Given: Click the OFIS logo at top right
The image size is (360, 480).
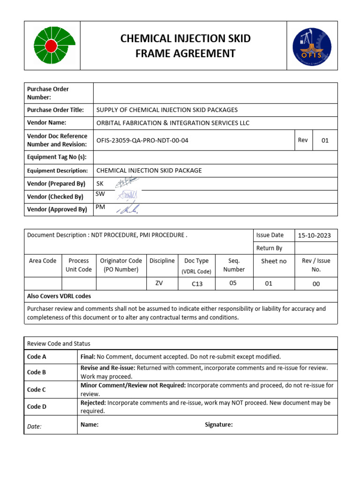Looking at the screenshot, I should pyautogui.click(x=311, y=45).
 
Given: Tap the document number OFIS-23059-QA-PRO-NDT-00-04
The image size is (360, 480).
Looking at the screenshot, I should pyautogui.click(x=142, y=140).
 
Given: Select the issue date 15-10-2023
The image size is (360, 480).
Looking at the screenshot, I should pyautogui.click(x=315, y=235).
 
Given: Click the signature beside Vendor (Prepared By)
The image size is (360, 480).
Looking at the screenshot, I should pyautogui.click(x=127, y=183).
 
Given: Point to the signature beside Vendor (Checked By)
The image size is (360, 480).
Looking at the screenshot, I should pyautogui.click(x=127, y=195).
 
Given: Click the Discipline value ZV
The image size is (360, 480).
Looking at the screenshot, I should pyautogui.click(x=159, y=283).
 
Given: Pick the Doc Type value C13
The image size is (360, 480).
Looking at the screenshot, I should pyautogui.click(x=197, y=284).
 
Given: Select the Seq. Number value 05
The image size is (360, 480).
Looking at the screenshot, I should pyautogui.click(x=233, y=283).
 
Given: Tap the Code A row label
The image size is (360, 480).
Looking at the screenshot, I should pyautogui.click(x=37, y=357).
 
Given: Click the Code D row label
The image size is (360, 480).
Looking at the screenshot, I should pyautogui.click(x=37, y=406).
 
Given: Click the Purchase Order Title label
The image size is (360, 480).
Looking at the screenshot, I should pyautogui.click(x=55, y=110).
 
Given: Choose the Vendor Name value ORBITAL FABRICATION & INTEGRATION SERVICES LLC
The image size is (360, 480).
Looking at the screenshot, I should pyautogui.click(x=172, y=123).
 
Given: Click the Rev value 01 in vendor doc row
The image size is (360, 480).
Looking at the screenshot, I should pyautogui.click(x=325, y=141).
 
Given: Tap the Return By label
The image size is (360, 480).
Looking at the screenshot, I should pyautogui.click(x=269, y=248).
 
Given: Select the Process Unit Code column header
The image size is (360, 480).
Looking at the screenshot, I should pyautogui.click(x=78, y=265).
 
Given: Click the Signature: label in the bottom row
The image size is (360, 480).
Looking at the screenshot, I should pyautogui.click(x=218, y=425).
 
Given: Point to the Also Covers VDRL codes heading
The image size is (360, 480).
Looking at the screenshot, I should pyautogui.click(x=59, y=296).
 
